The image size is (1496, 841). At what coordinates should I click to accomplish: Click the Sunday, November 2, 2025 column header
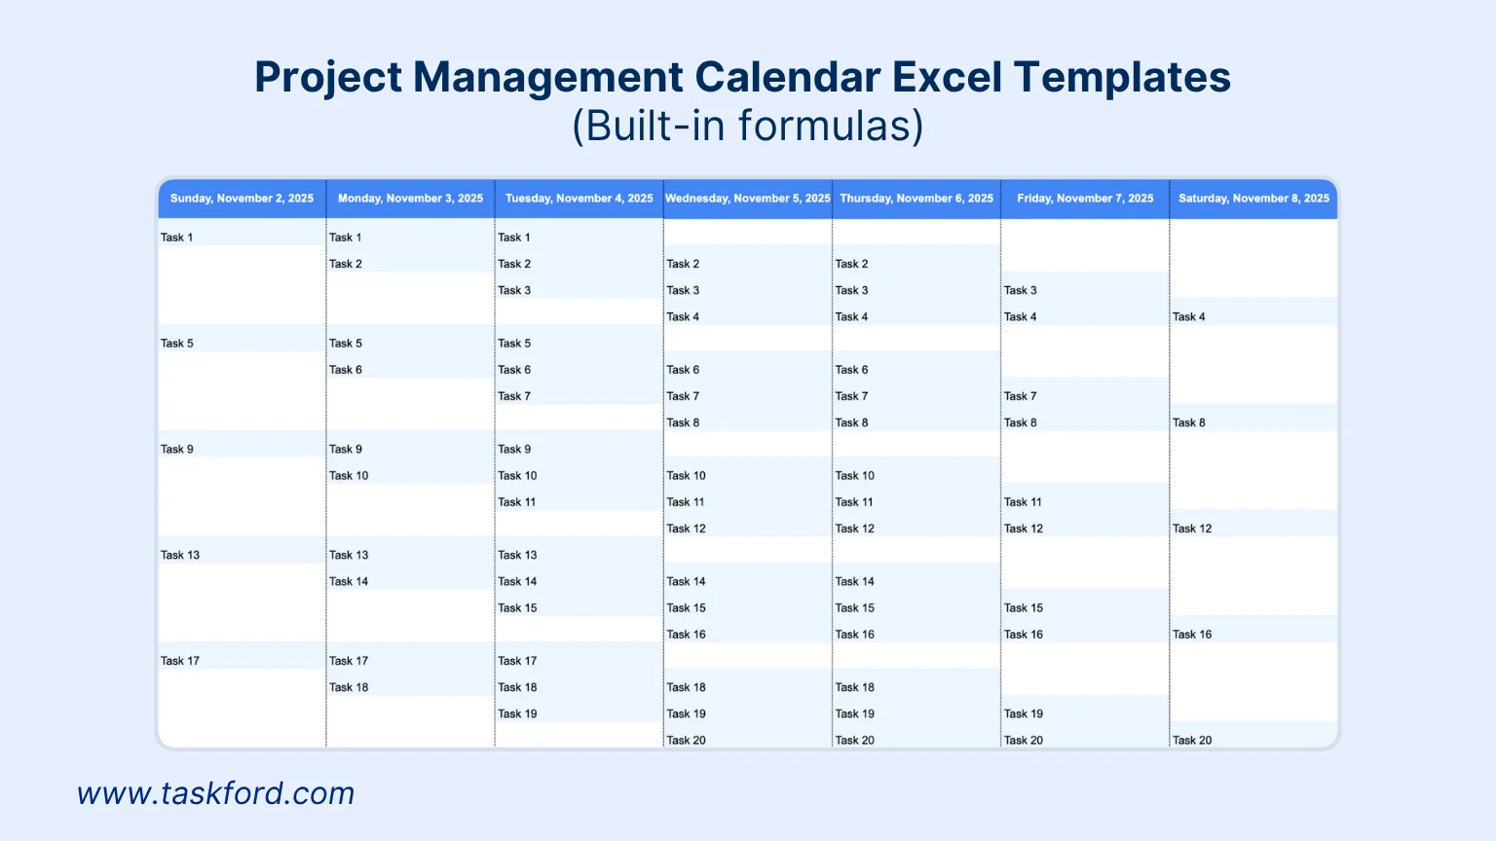click(242, 199)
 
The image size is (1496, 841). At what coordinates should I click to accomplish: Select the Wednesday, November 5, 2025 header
click(747, 199)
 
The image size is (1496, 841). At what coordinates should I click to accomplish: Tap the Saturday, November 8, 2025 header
click(1253, 199)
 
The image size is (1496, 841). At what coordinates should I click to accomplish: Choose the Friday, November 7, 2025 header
click(1085, 199)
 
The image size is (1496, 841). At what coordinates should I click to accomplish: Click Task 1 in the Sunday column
click(177, 238)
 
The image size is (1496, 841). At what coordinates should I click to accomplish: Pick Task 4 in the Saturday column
click(1189, 317)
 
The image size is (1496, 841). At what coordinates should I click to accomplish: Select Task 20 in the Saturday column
click(1192, 741)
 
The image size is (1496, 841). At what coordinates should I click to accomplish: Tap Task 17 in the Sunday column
click(180, 661)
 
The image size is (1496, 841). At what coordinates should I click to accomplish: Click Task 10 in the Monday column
click(349, 476)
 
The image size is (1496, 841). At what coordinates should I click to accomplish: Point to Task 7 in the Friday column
click(1021, 396)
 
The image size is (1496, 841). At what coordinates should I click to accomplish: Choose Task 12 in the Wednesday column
click(687, 529)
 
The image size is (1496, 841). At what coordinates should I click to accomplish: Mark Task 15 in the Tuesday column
click(518, 608)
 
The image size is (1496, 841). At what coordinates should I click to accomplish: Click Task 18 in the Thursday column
click(855, 687)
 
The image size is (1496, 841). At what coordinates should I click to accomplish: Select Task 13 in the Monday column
click(349, 555)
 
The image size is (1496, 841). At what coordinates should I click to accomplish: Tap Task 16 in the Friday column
click(1024, 635)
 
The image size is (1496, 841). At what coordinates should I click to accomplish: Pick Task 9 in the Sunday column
click(177, 450)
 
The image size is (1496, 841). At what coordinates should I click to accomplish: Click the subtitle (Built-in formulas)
click(747, 126)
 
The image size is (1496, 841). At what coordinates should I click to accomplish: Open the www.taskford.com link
click(215, 793)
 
